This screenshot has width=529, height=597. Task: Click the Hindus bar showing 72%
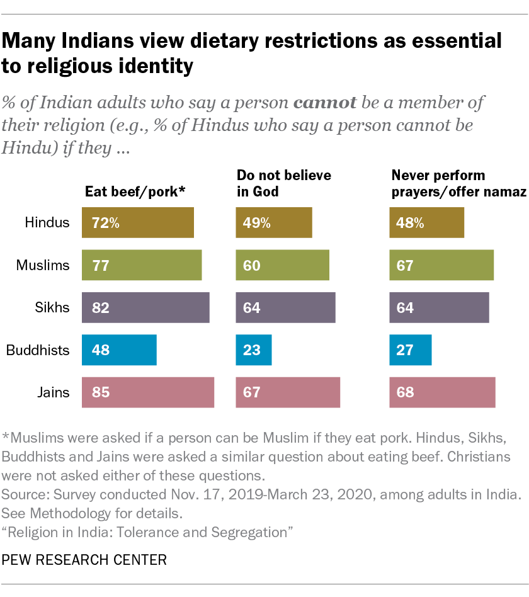pos(137,222)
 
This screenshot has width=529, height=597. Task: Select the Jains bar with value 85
pos(148,392)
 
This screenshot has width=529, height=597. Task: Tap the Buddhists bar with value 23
pos(254,350)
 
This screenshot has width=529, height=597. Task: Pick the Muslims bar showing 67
pos(441,265)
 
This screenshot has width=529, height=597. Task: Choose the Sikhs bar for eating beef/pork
pos(145,308)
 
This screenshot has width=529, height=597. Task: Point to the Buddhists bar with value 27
pos(411,350)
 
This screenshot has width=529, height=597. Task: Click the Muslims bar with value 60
pos(282,265)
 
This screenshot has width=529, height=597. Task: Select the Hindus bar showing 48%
pos(426,222)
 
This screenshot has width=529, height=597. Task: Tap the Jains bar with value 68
pos(442,392)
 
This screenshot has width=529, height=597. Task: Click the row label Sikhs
pos(52,308)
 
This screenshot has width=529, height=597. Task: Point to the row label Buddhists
pos(37,350)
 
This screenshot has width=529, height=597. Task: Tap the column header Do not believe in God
pos(283,183)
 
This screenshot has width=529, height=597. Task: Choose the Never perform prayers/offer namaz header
pos(458,183)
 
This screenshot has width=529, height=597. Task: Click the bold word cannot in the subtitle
pos(326,102)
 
